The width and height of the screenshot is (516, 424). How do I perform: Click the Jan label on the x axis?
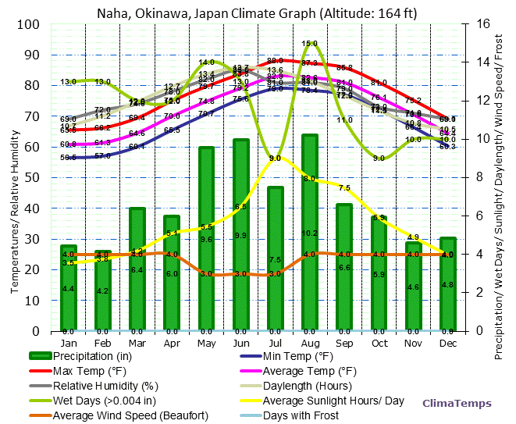pyautogui.click(x=69, y=343)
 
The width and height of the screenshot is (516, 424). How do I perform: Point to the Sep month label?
pyautogui.click(x=344, y=343)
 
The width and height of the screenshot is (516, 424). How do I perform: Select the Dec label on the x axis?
pyautogui.click(x=447, y=343)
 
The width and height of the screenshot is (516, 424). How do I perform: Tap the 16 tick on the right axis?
pyautogui.click(x=483, y=24)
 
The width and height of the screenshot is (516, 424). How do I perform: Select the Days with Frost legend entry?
pyautogui.click(x=301, y=415)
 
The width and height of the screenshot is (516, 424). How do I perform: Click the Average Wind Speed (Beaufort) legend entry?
pyautogui.click(x=130, y=415)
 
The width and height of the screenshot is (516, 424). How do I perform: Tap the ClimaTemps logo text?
pyautogui.click(x=457, y=404)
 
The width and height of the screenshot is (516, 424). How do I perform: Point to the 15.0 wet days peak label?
pyautogui.click(x=310, y=44)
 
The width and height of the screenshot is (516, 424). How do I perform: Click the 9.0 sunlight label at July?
pyautogui.click(x=275, y=159)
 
